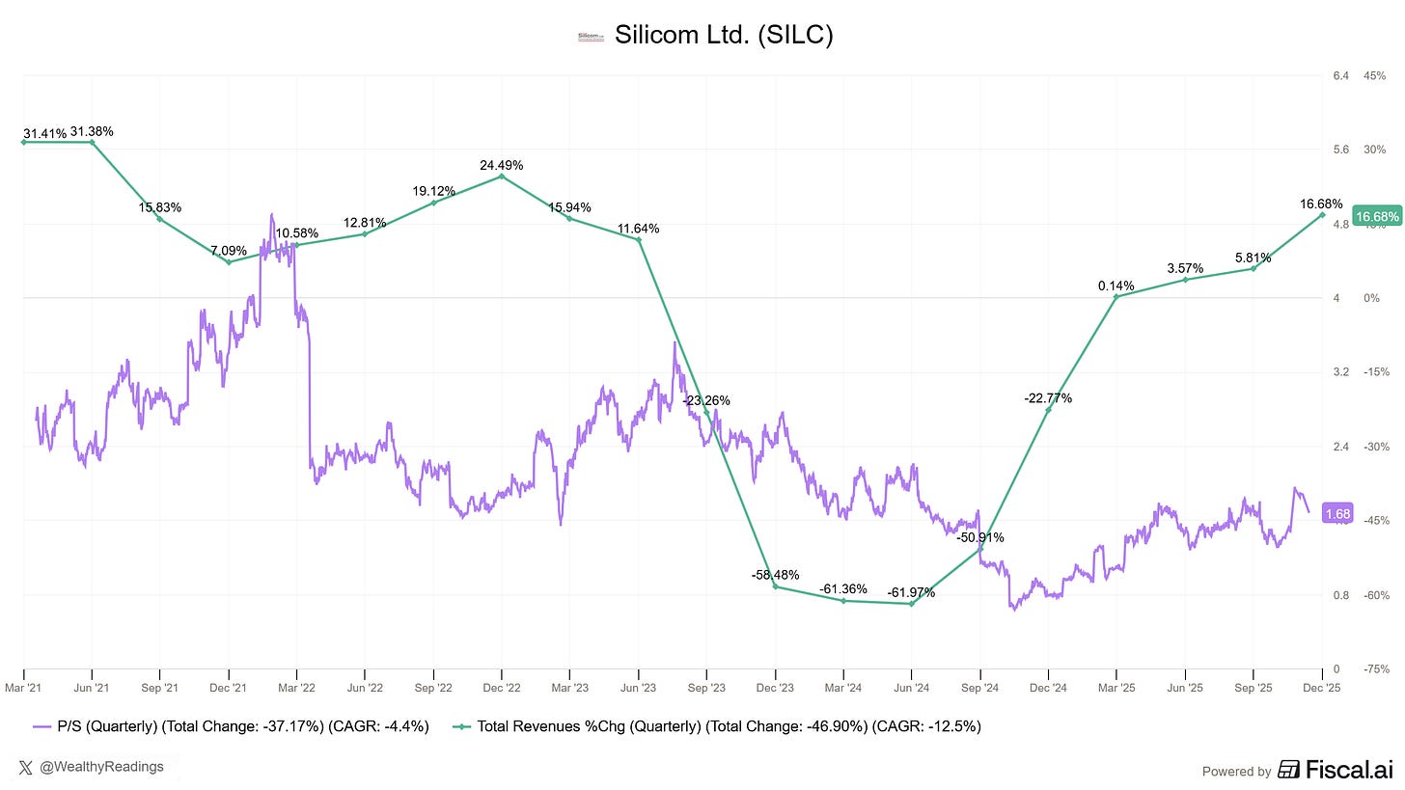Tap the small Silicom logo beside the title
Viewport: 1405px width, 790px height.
pyautogui.click(x=589, y=37)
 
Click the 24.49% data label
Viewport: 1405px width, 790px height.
pyautogui.click(x=501, y=165)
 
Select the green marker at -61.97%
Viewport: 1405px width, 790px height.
pyautogui.click(x=911, y=604)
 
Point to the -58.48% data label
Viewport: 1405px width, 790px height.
pyautogui.click(x=775, y=575)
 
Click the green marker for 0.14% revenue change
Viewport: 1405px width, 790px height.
pyautogui.click(x=1116, y=297)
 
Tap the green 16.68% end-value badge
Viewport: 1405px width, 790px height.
pyautogui.click(x=1375, y=216)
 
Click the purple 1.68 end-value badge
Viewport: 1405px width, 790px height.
pyautogui.click(x=1337, y=514)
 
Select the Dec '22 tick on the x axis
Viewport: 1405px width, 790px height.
pyautogui.click(x=501, y=688)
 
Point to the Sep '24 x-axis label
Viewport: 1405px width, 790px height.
pyautogui.click(x=979, y=688)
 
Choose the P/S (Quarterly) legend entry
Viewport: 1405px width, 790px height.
pyautogui.click(x=232, y=726)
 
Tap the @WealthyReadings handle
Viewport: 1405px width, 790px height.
pyautogui.click(x=102, y=767)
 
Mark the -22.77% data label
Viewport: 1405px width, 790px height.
pyautogui.click(x=1048, y=397)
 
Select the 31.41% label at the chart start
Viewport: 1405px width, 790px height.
pyautogui.click(x=44, y=133)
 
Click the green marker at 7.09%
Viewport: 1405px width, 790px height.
pyautogui.click(x=228, y=262)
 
